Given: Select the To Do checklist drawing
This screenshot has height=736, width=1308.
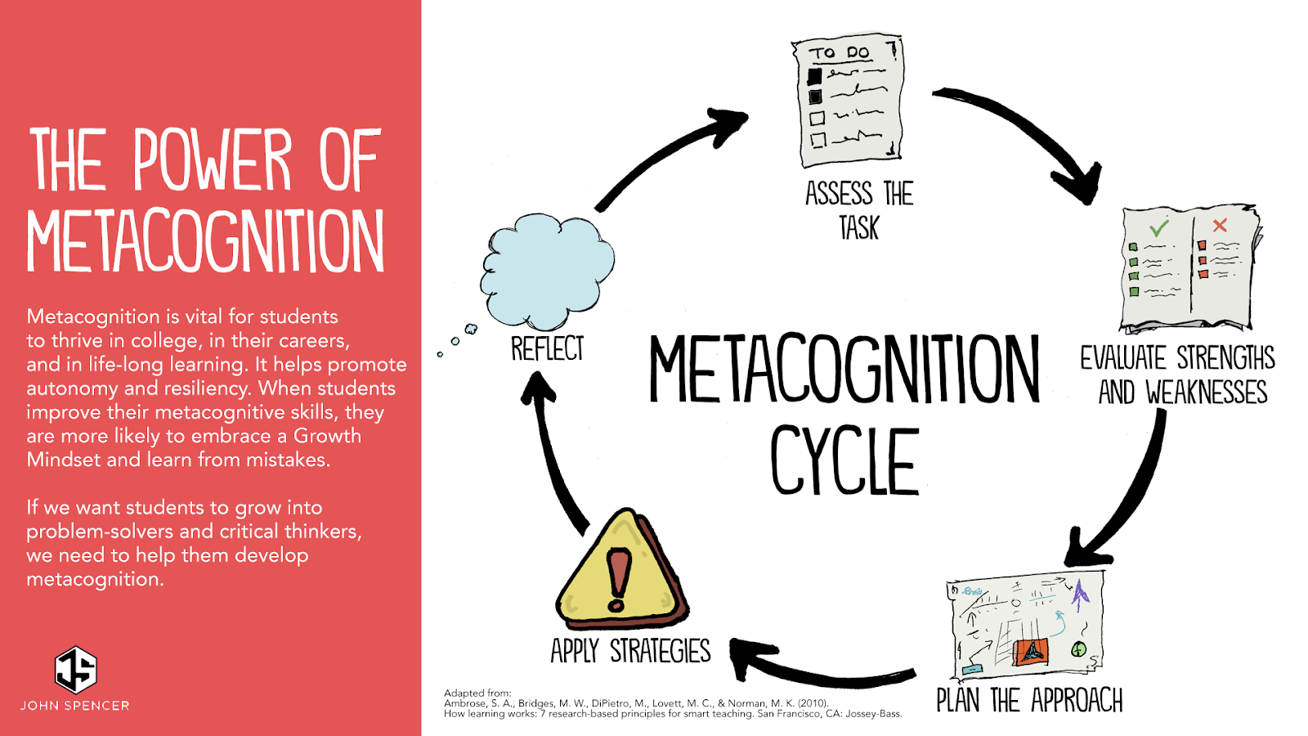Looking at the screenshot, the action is coord(849,100).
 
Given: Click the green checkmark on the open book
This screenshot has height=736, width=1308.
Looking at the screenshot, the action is coord(1158,227).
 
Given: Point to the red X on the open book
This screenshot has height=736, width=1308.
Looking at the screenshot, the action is coord(1220,225).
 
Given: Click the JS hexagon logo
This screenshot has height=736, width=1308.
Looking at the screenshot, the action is coord(75,669).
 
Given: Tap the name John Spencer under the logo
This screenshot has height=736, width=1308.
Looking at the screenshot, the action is coord(75,706).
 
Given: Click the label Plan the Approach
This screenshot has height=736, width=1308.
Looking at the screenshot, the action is coord(1029,701).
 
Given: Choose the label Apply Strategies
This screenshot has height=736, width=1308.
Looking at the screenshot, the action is coord(630,651).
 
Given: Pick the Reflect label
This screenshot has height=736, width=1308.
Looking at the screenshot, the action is coord(547,349).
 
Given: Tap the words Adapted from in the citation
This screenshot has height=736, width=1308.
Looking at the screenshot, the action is coord(477,693).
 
